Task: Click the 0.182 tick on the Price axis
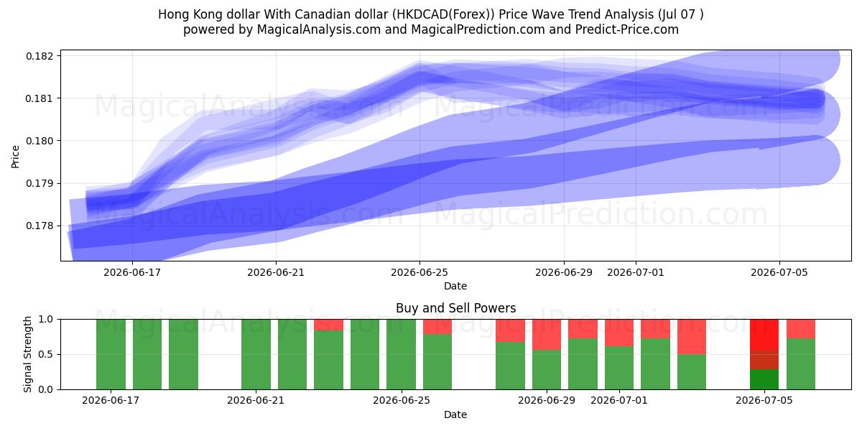[40, 56]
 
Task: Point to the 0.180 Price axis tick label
[40, 141]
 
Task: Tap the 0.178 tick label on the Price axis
[40, 226]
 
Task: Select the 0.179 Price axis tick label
[40, 184]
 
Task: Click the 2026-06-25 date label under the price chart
[420, 272]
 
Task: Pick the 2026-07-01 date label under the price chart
[635, 272]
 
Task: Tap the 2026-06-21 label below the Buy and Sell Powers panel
[256, 400]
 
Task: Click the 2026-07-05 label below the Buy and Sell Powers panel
[764, 400]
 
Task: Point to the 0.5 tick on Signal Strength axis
[46, 354]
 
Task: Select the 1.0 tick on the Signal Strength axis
[46, 319]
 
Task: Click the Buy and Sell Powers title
[455, 308]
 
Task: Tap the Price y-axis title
[15, 157]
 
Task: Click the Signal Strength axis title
[27, 354]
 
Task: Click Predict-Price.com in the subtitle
[627, 29]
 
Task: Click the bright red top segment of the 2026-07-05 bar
[764, 335]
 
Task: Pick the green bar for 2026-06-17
[111, 354]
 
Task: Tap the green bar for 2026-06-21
[256, 354]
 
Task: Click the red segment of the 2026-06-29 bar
[547, 335]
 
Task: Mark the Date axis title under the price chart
[455, 286]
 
